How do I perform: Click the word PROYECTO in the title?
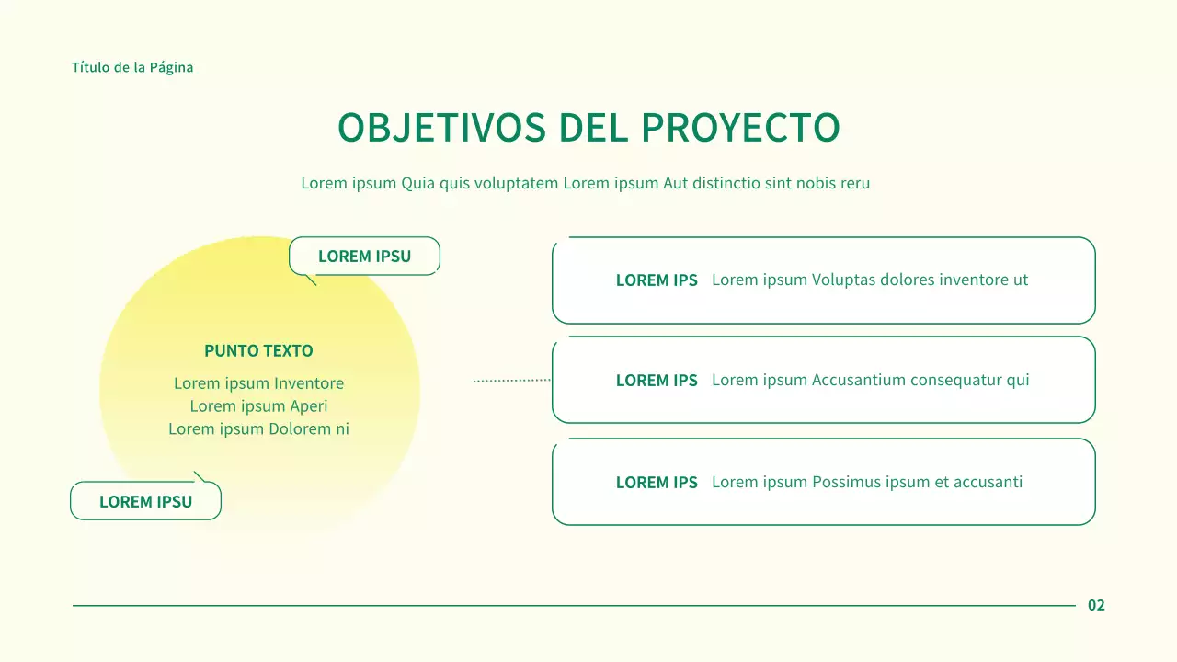740,128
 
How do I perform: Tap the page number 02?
1096,605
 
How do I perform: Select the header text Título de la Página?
132,67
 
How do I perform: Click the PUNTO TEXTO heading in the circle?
258,351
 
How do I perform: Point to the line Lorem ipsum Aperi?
258,406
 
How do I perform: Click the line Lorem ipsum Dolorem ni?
258,429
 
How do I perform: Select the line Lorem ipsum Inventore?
258,383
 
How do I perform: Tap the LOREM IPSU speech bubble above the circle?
364,257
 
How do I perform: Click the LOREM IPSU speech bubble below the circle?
145,502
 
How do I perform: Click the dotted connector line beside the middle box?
511,380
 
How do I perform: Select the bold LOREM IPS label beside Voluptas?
657,280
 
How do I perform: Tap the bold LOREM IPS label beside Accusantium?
657,381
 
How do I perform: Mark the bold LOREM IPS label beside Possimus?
657,483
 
